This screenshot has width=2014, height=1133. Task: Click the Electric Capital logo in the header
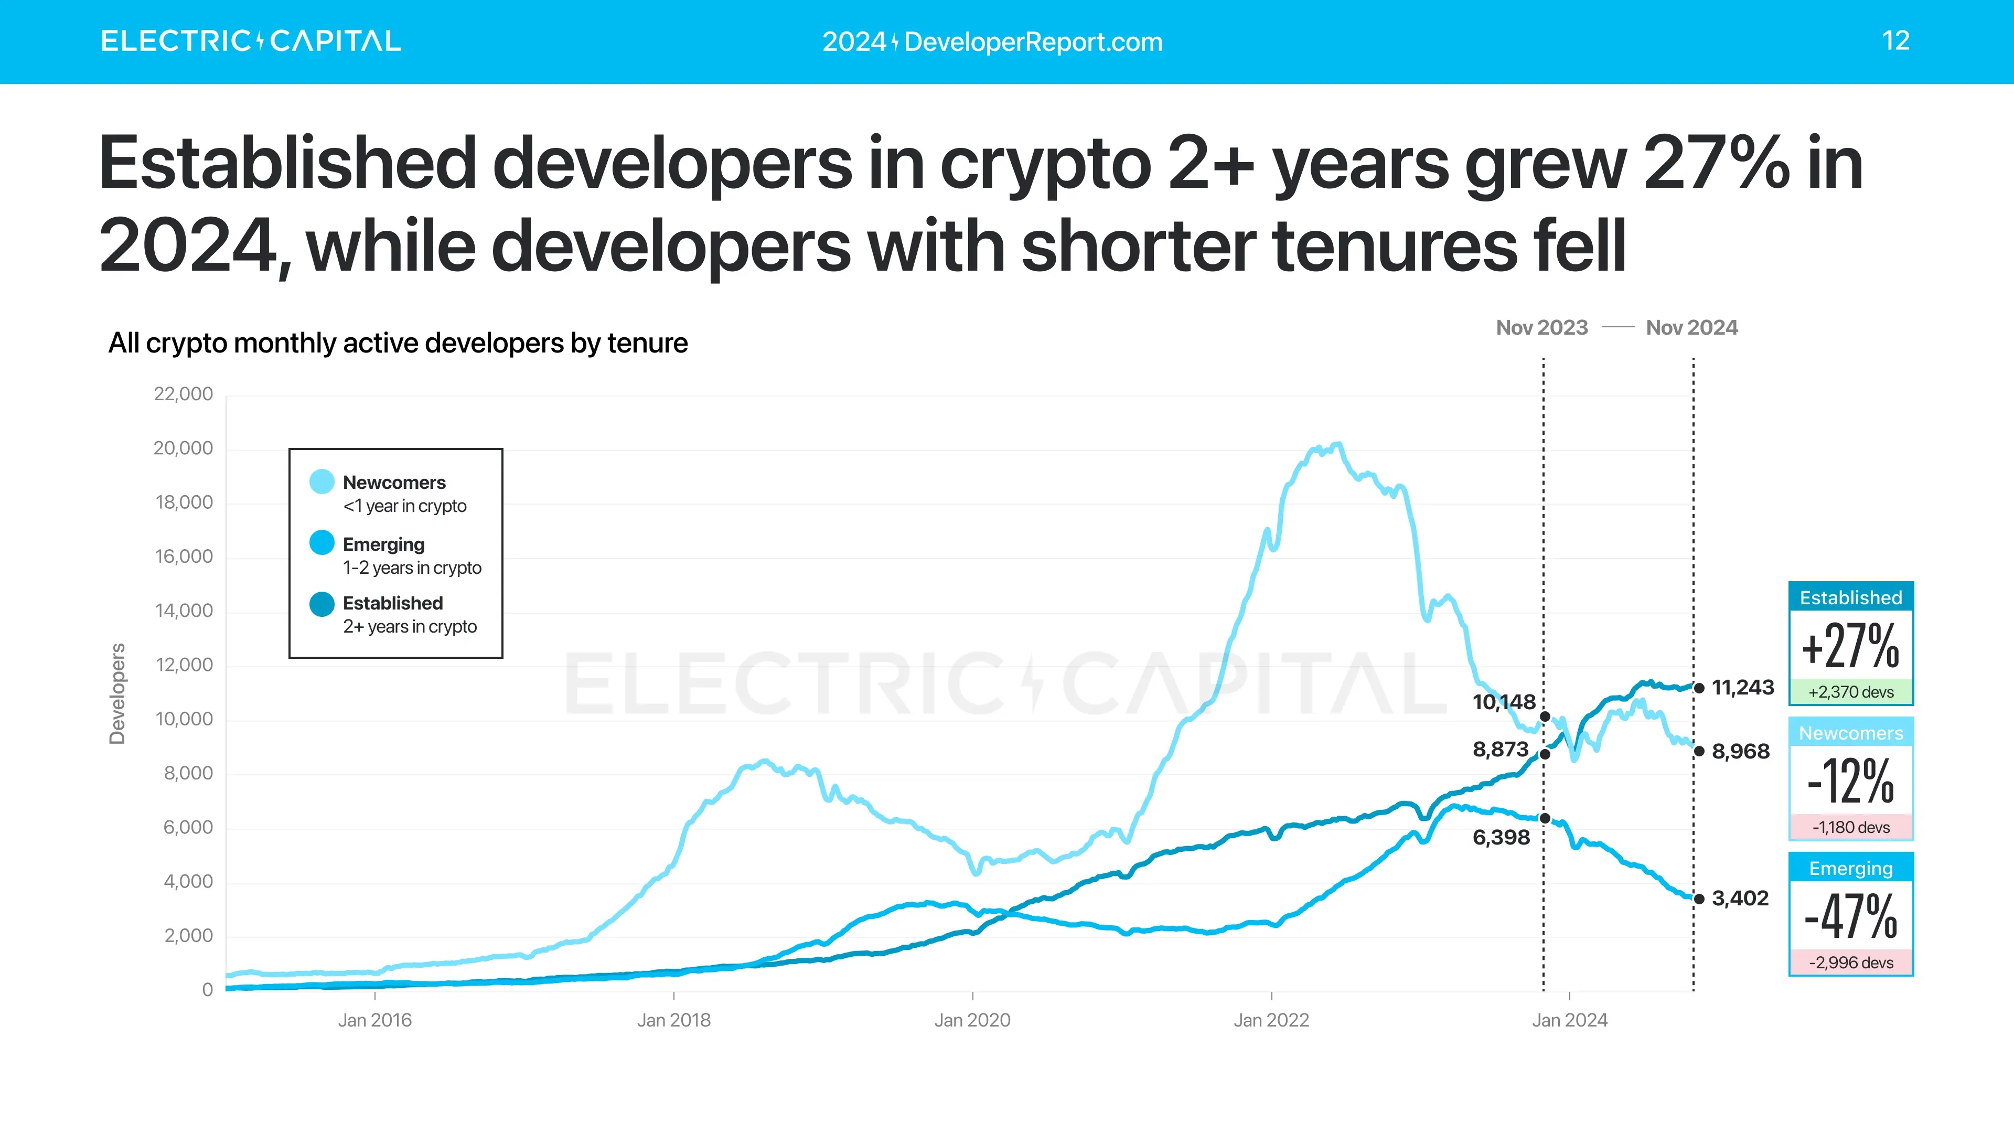pyautogui.click(x=250, y=41)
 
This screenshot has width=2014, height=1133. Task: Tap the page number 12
pyautogui.click(x=1895, y=41)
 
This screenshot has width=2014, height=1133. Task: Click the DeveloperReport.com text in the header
pyautogui.click(x=1033, y=41)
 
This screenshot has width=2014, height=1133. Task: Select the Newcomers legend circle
pyautogui.click(x=322, y=482)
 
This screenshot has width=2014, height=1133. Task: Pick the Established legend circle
pyautogui.click(x=322, y=604)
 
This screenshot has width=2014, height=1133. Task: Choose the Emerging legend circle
pyautogui.click(x=322, y=543)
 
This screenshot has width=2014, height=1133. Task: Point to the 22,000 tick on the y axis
pyautogui.click(x=183, y=394)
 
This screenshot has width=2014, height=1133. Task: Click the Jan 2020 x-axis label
pyautogui.click(x=972, y=1020)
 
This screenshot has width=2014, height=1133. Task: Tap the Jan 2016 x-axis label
pyautogui.click(x=374, y=1020)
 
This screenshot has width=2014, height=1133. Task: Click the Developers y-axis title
pyautogui.click(x=117, y=693)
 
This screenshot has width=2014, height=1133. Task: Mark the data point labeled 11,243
pyautogui.click(x=1699, y=688)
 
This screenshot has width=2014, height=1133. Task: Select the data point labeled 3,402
pyautogui.click(x=1699, y=899)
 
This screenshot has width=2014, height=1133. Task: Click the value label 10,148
pyautogui.click(x=1504, y=702)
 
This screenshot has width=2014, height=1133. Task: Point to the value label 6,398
pyautogui.click(x=1501, y=838)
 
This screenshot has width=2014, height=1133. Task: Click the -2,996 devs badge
pyautogui.click(x=1850, y=963)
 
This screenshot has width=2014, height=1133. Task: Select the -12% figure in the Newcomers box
pyautogui.click(x=1850, y=781)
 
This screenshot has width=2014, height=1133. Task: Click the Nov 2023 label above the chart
pyautogui.click(x=1541, y=328)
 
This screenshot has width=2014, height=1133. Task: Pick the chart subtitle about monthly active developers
pyautogui.click(x=397, y=343)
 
